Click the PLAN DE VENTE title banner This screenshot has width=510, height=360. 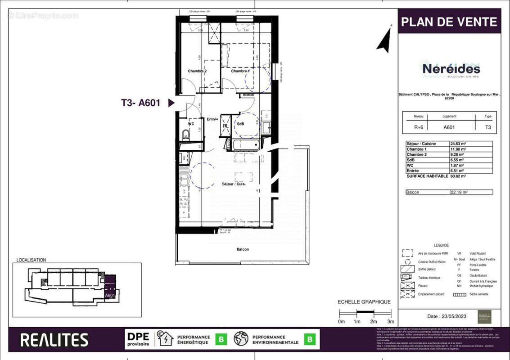449,22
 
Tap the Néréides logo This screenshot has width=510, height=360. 451,69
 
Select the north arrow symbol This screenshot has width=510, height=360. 384,40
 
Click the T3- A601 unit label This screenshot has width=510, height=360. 140,103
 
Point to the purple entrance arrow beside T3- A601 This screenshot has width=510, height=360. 171,103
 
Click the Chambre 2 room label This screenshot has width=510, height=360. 197,71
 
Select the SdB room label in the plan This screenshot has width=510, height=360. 240,124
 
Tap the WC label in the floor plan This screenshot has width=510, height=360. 191,123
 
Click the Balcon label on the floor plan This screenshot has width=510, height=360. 242,249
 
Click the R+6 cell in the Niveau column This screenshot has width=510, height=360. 418,127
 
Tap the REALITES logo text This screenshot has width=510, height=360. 54,340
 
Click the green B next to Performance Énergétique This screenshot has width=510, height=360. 221,340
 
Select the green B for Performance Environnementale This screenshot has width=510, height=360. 310,340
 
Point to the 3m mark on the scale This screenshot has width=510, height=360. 391,321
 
